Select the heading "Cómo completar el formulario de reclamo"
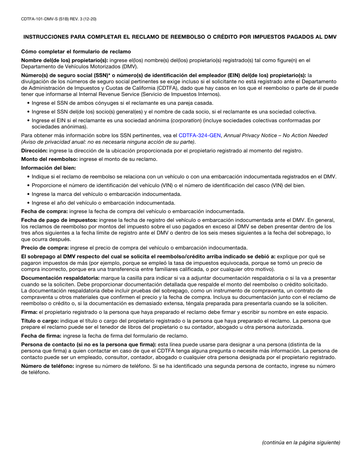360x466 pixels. [76, 52]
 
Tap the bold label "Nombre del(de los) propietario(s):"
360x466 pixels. [64, 60]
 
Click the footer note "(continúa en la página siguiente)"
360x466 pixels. [301, 442]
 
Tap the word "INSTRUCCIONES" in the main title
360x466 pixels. [45, 37]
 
